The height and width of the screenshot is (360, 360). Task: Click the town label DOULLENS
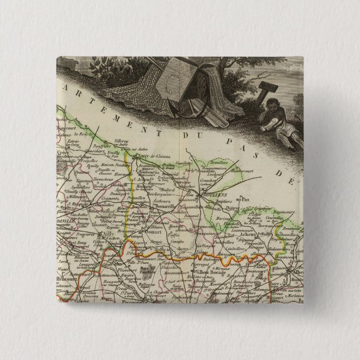212,195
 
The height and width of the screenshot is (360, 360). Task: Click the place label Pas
243,198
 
